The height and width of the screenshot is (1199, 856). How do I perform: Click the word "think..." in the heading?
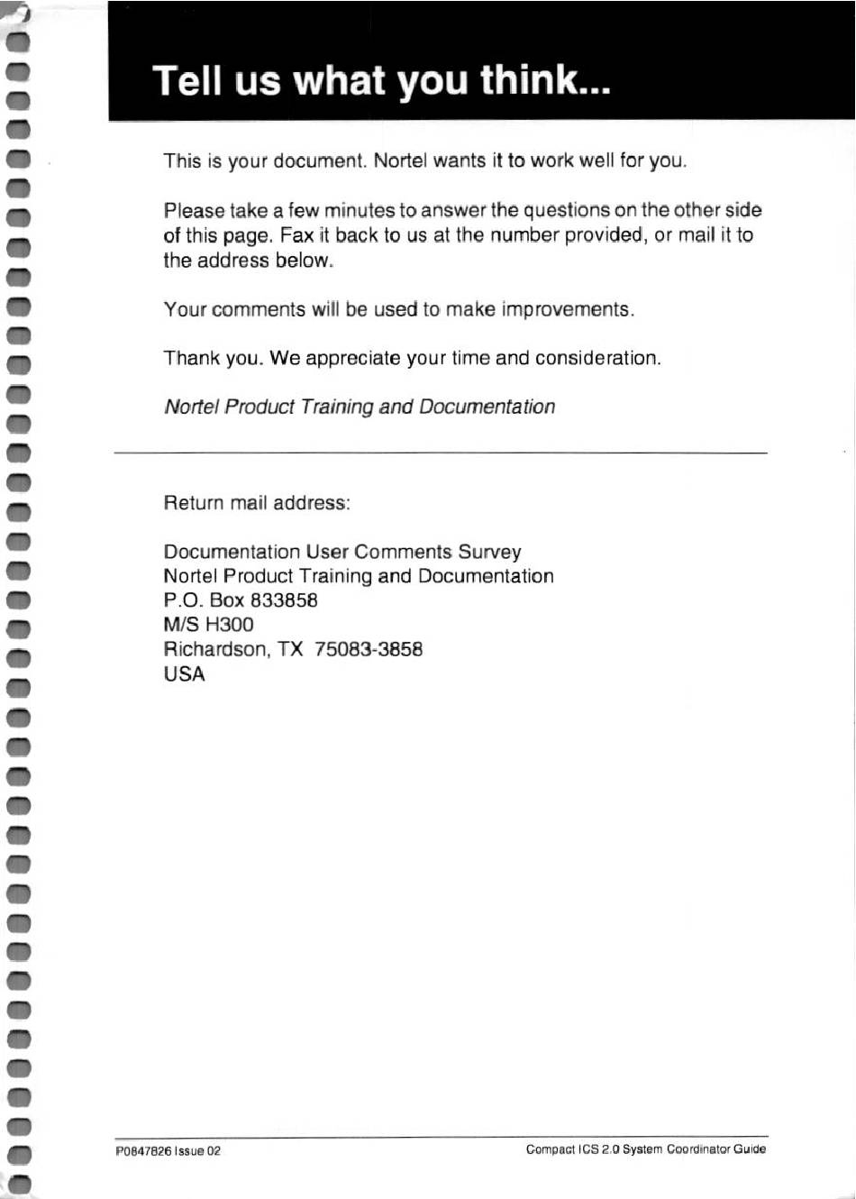tap(545, 80)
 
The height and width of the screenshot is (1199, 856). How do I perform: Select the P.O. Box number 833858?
tap(284, 600)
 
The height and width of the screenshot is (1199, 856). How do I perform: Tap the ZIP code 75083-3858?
tap(369, 649)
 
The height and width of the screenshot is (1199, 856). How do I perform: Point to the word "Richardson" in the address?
tap(215, 649)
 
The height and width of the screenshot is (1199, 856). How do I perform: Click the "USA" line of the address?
tap(184, 673)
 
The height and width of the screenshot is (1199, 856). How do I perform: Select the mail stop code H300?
tap(230, 625)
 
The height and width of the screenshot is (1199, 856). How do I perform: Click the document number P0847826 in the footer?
tap(143, 1151)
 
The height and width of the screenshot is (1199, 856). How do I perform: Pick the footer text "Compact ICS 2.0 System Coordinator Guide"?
tap(646, 1149)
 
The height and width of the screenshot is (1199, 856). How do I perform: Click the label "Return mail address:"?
tap(257, 503)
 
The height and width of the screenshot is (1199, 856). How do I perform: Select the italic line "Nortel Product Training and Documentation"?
tap(360, 407)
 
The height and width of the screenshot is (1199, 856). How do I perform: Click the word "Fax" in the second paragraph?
tap(296, 235)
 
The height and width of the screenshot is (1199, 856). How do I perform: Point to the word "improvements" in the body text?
tap(566, 309)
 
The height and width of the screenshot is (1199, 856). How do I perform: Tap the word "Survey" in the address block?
tap(489, 552)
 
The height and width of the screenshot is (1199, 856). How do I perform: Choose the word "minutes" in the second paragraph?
tap(360, 211)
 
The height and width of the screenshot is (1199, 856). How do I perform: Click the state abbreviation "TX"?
tap(290, 649)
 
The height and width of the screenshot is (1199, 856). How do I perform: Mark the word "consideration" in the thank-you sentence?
tap(596, 358)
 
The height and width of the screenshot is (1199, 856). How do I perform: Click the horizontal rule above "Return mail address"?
tap(441, 452)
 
